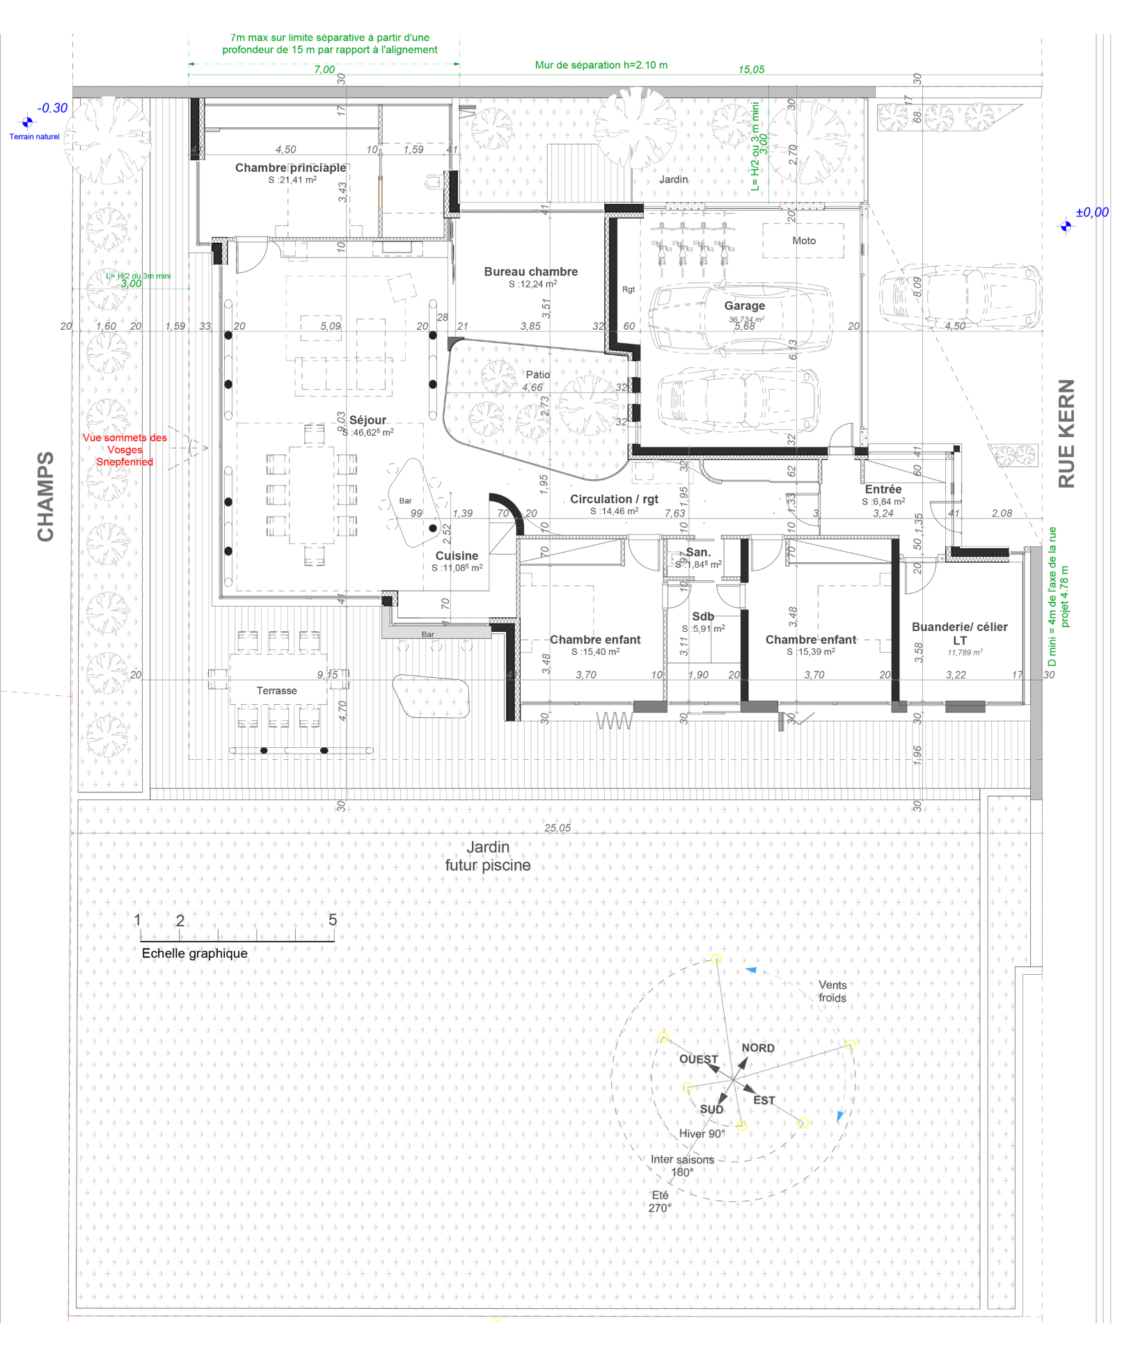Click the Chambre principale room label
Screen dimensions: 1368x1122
pyautogui.click(x=290, y=168)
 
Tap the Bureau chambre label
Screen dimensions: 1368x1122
pyautogui.click(x=530, y=271)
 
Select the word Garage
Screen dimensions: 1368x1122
pyautogui.click(x=744, y=305)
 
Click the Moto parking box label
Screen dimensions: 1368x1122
pyautogui.click(x=803, y=241)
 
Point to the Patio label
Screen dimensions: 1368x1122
pyautogui.click(x=537, y=374)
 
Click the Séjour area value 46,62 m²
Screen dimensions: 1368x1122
pyautogui.click(x=368, y=432)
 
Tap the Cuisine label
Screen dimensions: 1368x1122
pyautogui.click(x=457, y=555)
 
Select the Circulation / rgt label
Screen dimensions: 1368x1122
pyautogui.click(x=614, y=499)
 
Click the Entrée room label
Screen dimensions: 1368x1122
pyautogui.click(x=883, y=489)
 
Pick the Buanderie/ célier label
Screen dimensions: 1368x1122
pyautogui.click(x=959, y=627)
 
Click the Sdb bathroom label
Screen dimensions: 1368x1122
pyautogui.click(x=702, y=617)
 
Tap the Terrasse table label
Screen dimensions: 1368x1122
pyautogui.click(x=276, y=690)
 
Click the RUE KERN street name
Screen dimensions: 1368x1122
pyautogui.click(x=1066, y=433)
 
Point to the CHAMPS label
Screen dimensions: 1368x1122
pyautogui.click(x=46, y=496)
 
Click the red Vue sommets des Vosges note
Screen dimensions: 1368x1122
pyautogui.click(x=125, y=450)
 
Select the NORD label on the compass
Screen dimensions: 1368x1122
pyautogui.click(x=757, y=1048)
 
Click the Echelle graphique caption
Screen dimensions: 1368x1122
pyautogui.click(x=194, y=953)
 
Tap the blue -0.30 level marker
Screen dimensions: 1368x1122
pyautogui.click(x=52, y=109)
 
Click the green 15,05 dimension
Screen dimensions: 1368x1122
pyautogui.click(x=751, y=70)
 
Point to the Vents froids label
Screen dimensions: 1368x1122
pyautogui.click(x=832, y=991)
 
